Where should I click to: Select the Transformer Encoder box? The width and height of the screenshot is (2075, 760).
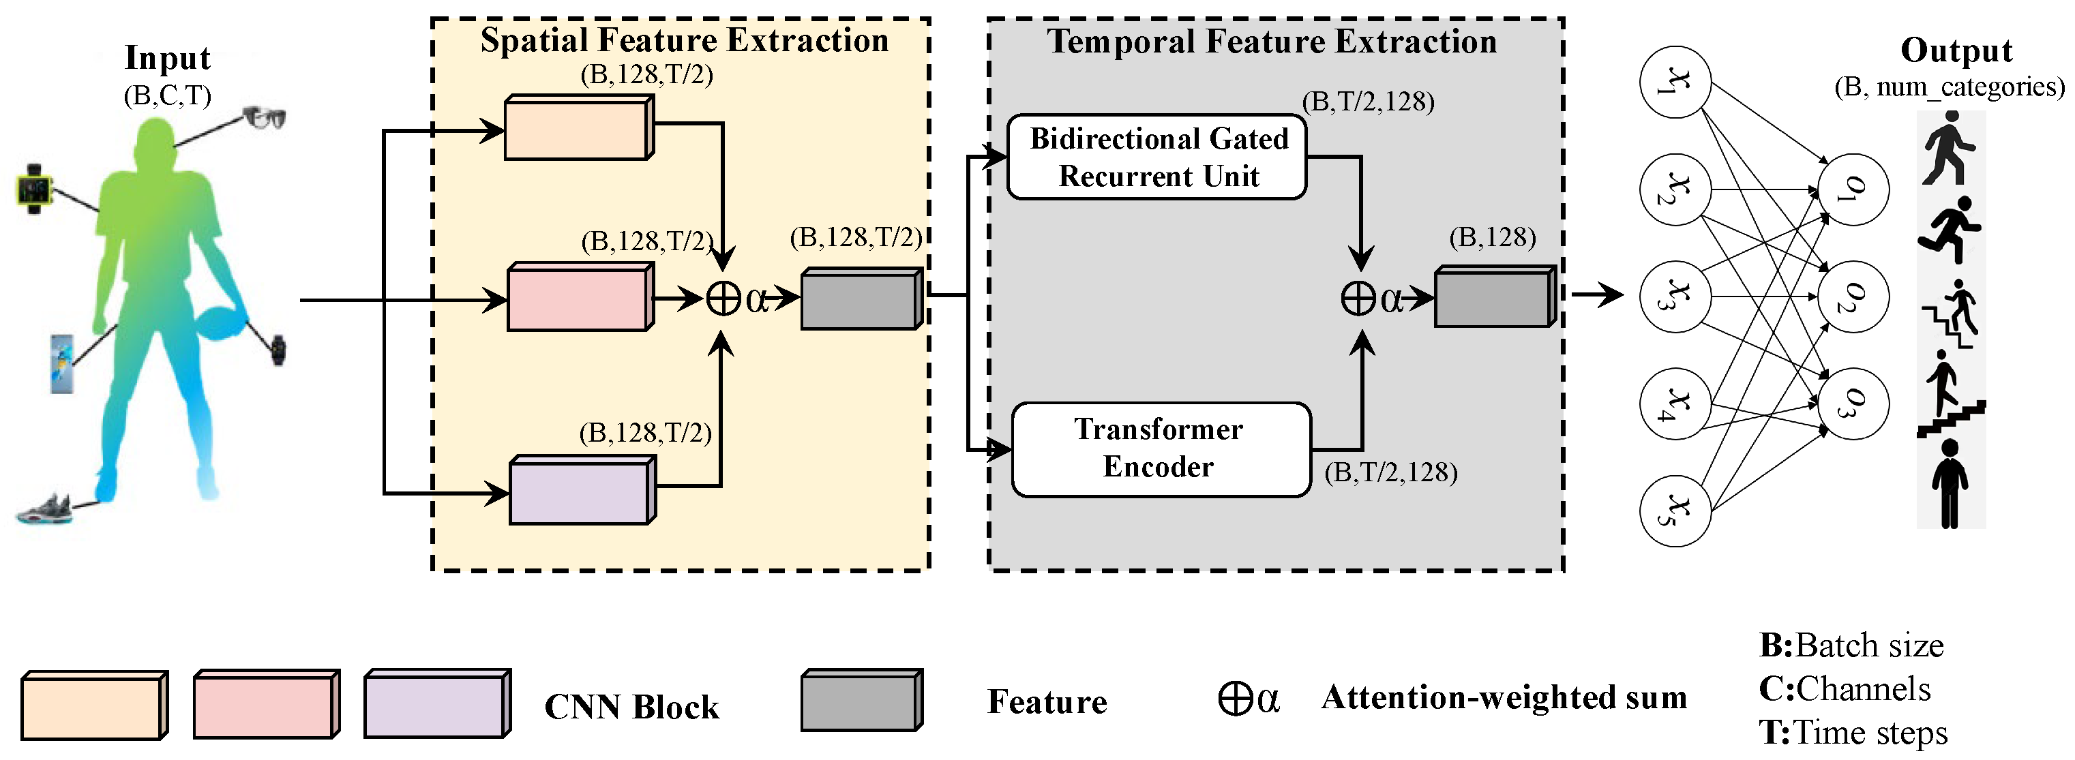1160,449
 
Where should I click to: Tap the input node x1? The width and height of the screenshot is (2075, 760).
1675,82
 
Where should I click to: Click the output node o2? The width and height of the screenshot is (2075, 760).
1853,297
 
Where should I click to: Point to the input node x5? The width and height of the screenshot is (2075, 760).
1675,511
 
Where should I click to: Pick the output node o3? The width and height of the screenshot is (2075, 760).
1853,404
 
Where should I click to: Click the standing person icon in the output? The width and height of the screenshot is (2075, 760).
1950,483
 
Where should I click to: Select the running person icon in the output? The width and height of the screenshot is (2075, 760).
1950,230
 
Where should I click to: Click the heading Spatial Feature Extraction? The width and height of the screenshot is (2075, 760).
684,40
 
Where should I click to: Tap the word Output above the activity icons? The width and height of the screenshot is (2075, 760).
1956,50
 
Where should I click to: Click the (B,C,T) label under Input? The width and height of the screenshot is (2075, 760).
168,96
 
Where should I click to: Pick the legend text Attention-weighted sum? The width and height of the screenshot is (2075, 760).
1503,697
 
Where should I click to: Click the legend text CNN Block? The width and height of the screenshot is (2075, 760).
631,707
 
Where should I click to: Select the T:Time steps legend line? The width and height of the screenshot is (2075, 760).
1853,733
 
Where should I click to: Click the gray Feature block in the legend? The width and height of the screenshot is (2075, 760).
861,701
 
